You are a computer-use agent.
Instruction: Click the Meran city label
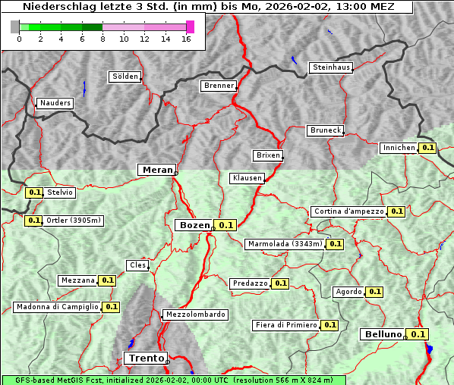(156, 170)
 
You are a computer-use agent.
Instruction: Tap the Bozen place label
(194, 225)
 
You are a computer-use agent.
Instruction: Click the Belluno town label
(381, 334)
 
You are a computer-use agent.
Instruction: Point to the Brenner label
(219, 86)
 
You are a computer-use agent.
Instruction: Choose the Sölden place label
(125, 77)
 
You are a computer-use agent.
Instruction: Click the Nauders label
(55, 103)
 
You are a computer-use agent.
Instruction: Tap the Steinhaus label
(332, 67)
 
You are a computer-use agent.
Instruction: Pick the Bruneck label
(325, 130)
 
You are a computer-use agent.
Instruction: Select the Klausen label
(246, 178)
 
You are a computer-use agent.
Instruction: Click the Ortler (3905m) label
(73, 221)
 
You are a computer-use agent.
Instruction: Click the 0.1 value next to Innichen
(427, 148)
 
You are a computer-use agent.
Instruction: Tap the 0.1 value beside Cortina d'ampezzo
(396, 211)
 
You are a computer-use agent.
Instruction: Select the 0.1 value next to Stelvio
(34, 192)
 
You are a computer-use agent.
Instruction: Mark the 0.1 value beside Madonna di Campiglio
(111, 307)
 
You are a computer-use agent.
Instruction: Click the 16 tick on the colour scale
(186, 39)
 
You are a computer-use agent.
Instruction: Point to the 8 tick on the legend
(102, 39)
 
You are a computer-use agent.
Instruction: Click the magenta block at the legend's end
(190, 27)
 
